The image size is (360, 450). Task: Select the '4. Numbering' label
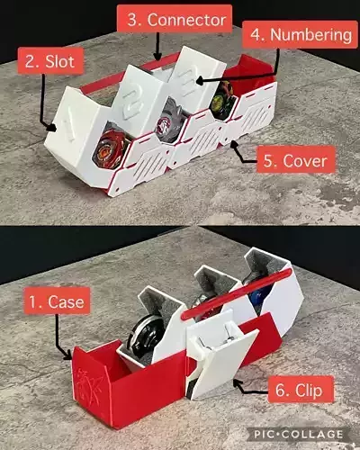click(x=300, y=35)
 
